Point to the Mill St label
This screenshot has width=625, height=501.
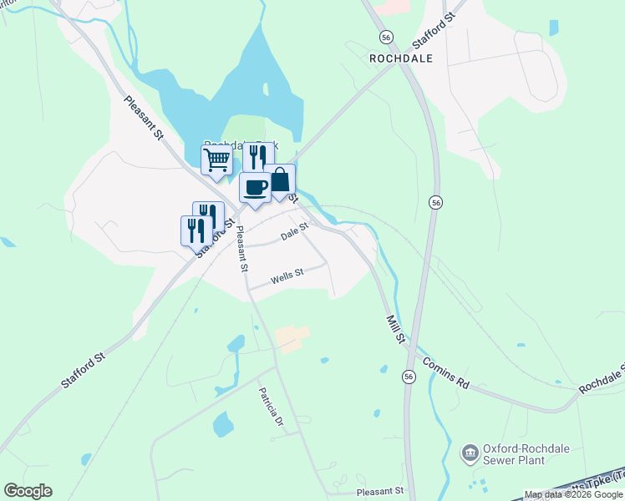pos(395,328)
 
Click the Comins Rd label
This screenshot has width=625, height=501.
pos(446,372)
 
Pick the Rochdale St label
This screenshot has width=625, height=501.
pos(602,380)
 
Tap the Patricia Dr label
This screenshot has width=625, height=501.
pos(271,407)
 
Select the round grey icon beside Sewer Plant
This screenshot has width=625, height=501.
pos(470,453)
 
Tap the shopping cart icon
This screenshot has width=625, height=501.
pos(216,159)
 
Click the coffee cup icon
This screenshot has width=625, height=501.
pos(255,186)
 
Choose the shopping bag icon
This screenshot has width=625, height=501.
pos(280,180)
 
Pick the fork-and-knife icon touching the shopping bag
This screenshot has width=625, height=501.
pos(258,155)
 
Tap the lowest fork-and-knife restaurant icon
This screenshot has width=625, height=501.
pos(196,230)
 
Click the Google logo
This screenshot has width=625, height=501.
pos(28,491)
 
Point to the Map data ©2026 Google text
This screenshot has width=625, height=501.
pos(574,495)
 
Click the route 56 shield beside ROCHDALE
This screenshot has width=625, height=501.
pos(385,38)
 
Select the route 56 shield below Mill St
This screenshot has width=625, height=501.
pos(409,377)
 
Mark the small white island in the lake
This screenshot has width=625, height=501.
pos(265,89)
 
